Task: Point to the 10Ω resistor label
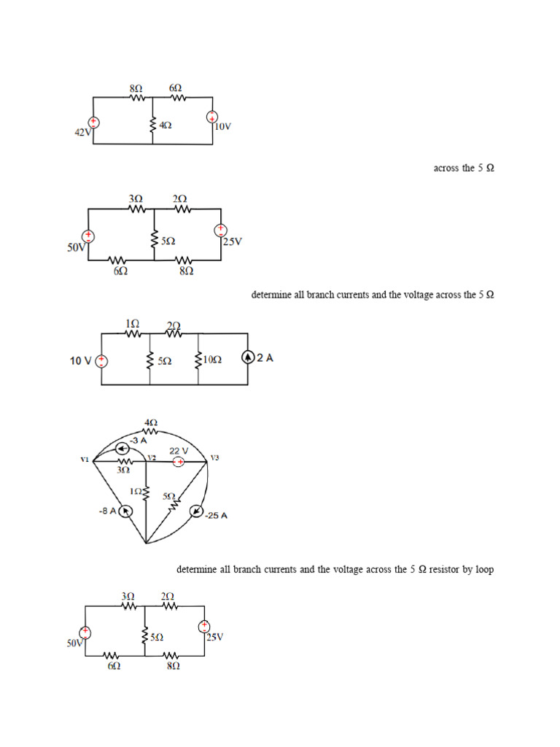pos(212,360)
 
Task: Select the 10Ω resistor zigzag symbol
pos(198,360)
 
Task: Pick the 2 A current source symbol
pos(249,358)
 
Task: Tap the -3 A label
pos(138,441)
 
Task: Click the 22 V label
pos(179,451)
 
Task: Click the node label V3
pos(214,458)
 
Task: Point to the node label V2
pos(152,457)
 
